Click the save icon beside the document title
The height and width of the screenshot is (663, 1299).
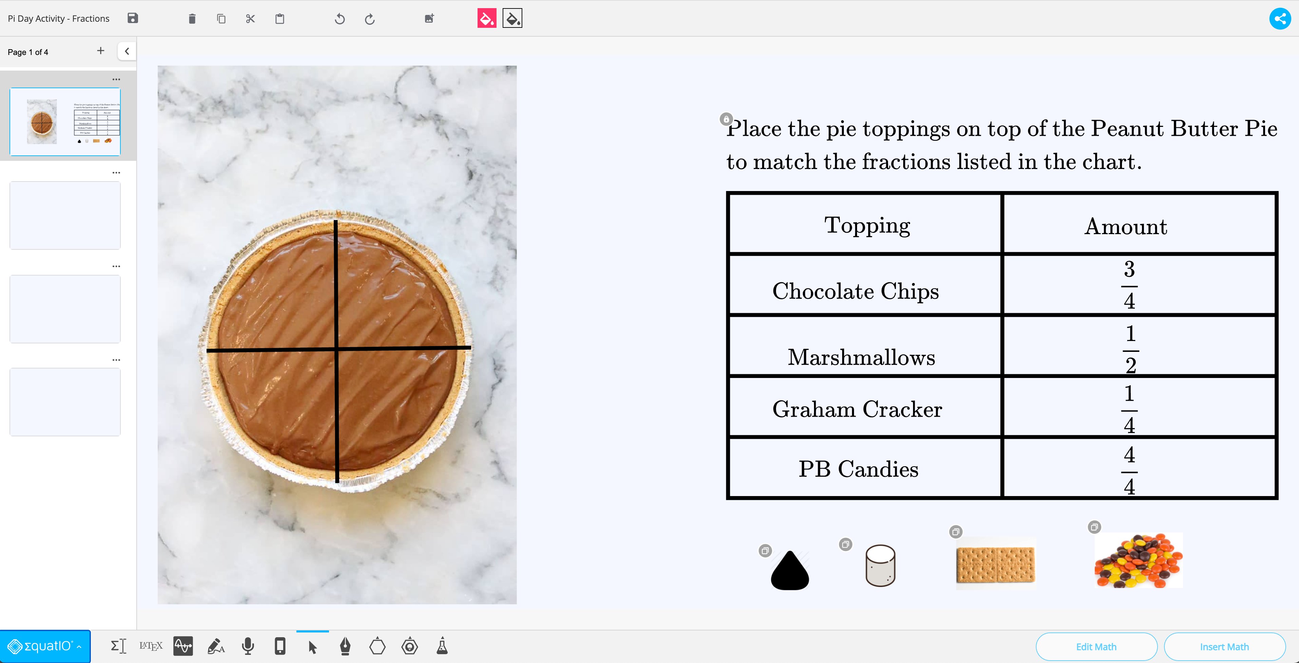pos(133,19)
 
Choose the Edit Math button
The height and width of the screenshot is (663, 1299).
pos(1096,646)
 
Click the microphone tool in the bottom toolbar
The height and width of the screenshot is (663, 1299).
pos(248,646)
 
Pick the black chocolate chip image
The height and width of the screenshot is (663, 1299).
pos(790,571)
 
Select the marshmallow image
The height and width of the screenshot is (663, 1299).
pos(880,566)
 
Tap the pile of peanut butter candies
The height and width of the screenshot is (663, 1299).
pos(1138,561)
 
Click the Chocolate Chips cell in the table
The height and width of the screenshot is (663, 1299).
pos(855,291)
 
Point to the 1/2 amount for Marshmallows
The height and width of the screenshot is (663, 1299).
pos(1130,349)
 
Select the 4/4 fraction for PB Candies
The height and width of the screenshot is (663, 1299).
pos(1129,470)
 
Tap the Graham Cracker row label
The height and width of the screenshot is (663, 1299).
pos(857,409)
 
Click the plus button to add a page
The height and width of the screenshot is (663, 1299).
pos(101,51)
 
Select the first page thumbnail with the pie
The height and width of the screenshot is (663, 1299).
pos(65,121)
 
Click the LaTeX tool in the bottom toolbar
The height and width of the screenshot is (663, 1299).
pos(151,646)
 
